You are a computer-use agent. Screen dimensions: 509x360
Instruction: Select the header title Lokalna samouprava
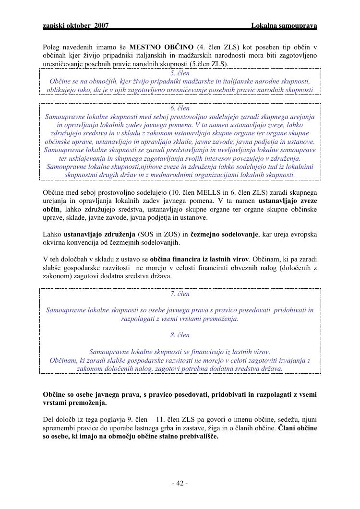pyautogui.click(x=284, y=25)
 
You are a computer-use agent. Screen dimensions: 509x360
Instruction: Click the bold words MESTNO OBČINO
pyautogui.click(x=161, y=47)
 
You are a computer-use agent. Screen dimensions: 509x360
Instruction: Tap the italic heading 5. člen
pyautogui.click(x=180, y=73)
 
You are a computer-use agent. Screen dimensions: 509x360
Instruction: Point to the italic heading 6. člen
pyautogui.click(x=180, y=108)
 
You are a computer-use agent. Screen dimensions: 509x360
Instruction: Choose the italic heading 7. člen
pyautogui.click(x=180, y=294)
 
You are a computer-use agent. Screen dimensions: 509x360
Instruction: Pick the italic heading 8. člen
pyautogui.click(x=180, y=335)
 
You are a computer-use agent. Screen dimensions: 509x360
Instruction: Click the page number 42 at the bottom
pyautogui.click(x=180, y=483)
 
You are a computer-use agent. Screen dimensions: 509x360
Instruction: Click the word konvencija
pyautogui.click(x=83, y=243)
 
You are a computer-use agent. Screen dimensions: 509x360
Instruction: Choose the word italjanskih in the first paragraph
pyautogui.click(x=158, y=56)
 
